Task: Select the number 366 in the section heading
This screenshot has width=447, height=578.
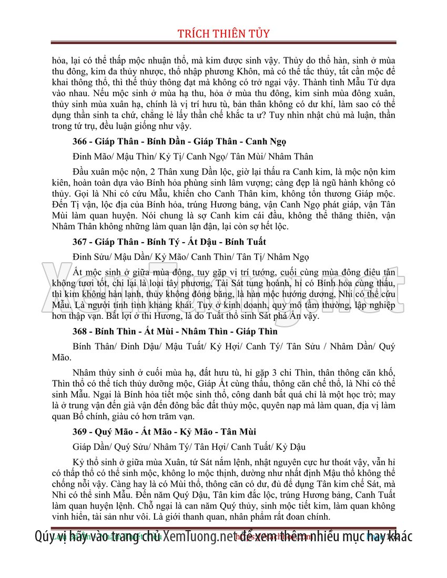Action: [80, 142]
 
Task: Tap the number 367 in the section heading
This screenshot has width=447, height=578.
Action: [80, 242]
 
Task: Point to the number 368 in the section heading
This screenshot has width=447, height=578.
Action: [80, 332]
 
